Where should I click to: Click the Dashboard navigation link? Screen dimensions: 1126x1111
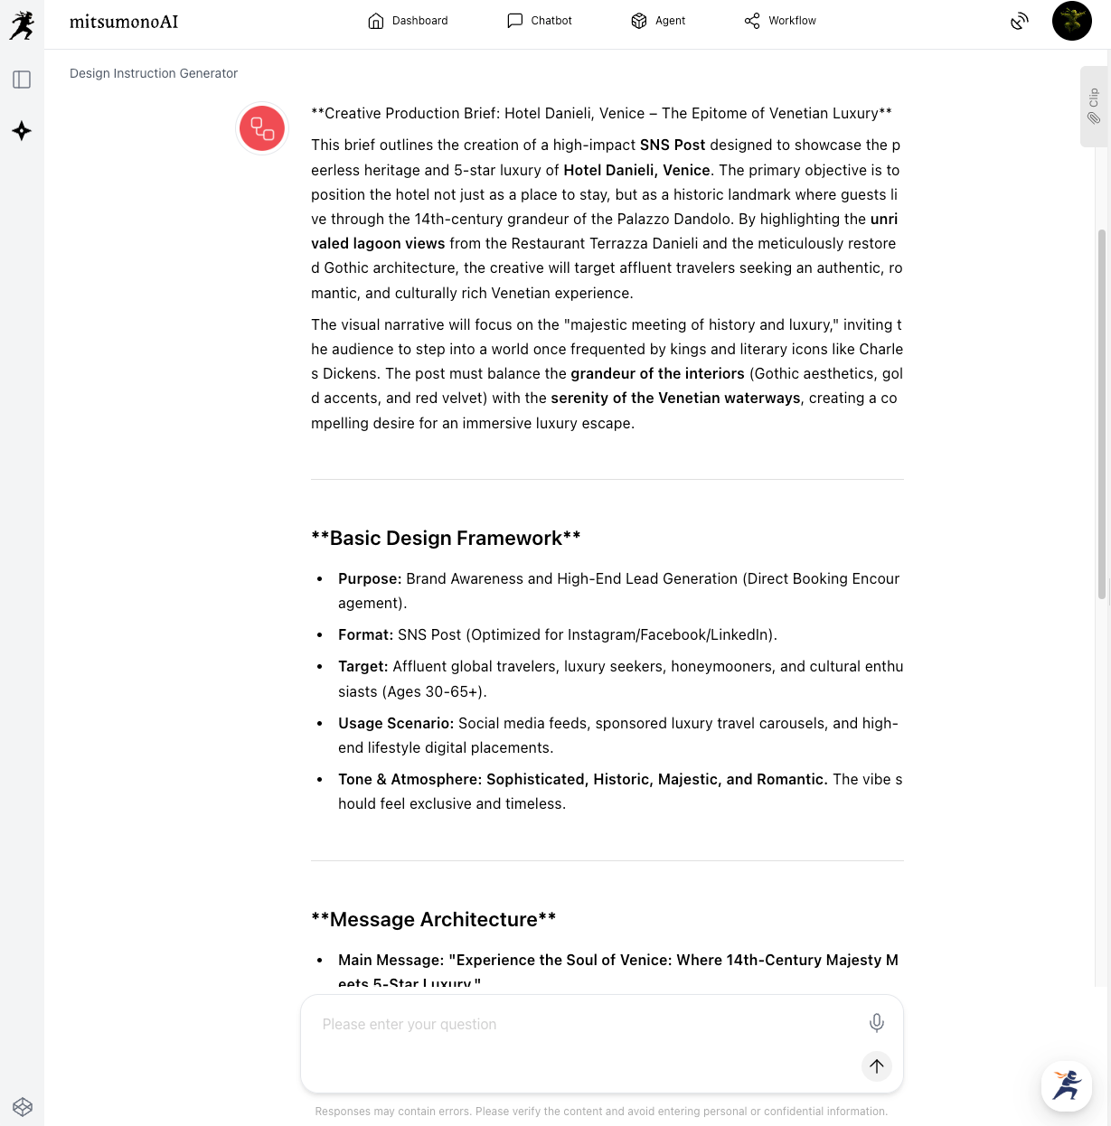click(408, 21)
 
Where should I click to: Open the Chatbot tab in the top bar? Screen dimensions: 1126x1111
click(540, 21)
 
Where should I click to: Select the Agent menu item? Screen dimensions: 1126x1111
click(658, 21)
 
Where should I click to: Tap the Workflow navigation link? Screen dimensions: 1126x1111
click(780, 21)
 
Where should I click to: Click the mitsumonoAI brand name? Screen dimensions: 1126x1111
click(124, 22)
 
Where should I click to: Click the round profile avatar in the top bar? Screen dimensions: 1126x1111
click(1072, 21)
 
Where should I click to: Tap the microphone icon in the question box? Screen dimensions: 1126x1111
click(876, 1023)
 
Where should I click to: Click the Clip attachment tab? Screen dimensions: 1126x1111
click(1094, 106)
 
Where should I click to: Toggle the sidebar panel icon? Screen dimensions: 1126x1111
click(22, 80)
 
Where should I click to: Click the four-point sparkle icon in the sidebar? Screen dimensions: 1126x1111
click(22, 131)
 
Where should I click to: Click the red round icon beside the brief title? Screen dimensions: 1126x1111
click(262, 128)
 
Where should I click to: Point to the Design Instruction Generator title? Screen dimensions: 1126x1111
click(154, 73)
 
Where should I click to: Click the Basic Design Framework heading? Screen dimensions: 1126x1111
click(446, 539)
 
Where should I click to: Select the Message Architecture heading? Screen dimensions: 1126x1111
click(433, 920)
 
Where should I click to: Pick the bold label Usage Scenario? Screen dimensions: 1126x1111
click(396, 724)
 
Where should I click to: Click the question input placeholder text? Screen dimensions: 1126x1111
click(410, 1025)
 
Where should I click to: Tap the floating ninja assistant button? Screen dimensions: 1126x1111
click(1067, 1085)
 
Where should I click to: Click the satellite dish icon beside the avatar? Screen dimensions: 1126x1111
click(1020, 21)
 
